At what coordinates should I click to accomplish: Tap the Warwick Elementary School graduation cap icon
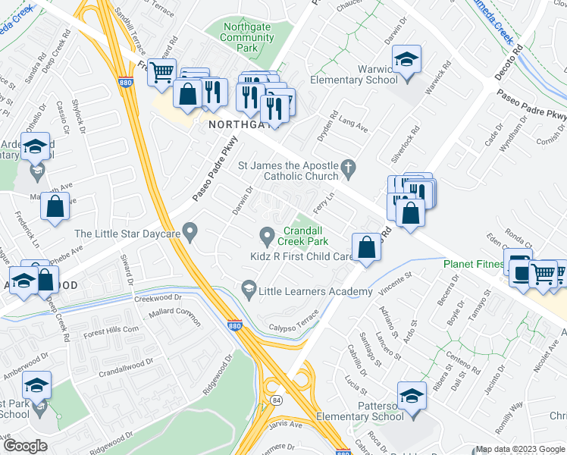coord(406,60)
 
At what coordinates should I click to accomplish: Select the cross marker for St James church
coord(348,168)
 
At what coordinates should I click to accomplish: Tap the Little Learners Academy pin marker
coord(247,288)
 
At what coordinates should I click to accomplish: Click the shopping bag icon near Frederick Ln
coord(55,206)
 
